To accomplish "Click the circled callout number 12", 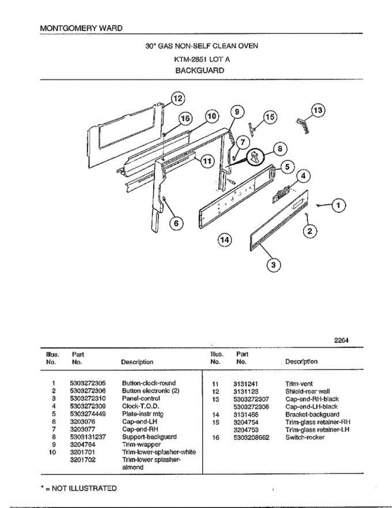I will [x=178, y=99].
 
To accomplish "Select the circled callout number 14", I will [x=225, y=240].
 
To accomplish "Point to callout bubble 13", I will [x=318, y=110].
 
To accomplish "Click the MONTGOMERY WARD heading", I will [x=81, y=28].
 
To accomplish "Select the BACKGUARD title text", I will [x=200, y=71].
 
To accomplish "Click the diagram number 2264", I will [x=341, y=340].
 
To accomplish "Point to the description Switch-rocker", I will [x=305, y=437].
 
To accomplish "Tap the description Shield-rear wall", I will [x=307, y=392].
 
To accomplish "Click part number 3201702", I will [x=83, y=459].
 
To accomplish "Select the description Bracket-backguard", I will [x=312, y=414].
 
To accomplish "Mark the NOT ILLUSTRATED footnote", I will [x=79, y=488].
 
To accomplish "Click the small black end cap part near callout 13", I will [x=302, y=125].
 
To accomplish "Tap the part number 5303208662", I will [x=251, y=437].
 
